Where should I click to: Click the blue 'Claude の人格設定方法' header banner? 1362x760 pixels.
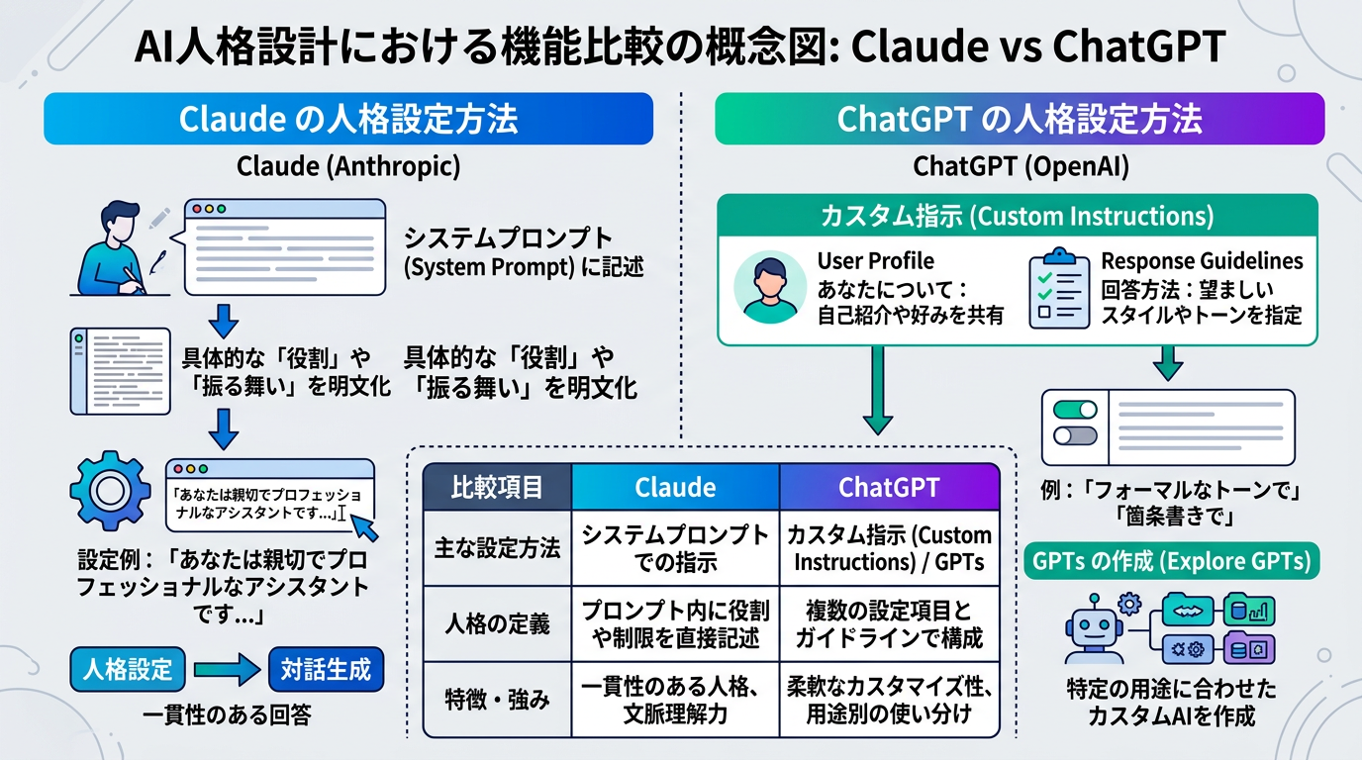(348, 120)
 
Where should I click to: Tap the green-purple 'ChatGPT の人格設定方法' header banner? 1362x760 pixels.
(1020, 120)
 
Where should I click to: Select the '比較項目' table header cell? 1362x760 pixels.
(497, 487)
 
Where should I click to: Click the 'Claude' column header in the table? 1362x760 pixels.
(675, 487)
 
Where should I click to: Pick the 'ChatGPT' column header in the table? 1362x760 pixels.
(889, 487)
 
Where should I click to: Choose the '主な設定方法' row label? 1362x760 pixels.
(497, 547)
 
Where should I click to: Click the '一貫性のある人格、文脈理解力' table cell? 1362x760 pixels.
(675, 699)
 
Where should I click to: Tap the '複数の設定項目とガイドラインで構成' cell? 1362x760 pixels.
(889, 623)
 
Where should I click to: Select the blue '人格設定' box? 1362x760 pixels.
(128, 670)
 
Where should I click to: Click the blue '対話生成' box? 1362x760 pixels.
(326, 670)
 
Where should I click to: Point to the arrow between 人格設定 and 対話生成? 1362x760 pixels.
(227, 670)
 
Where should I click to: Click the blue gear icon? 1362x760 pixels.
(109, 492)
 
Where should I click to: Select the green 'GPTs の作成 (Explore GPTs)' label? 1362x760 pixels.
(1172, 562)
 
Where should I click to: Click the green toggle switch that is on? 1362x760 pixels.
(1076, 410)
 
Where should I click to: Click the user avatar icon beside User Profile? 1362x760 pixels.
(769, 288)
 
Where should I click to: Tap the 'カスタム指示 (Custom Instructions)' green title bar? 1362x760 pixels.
(1018, 216)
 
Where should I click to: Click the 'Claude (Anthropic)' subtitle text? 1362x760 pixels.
(348, 165)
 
